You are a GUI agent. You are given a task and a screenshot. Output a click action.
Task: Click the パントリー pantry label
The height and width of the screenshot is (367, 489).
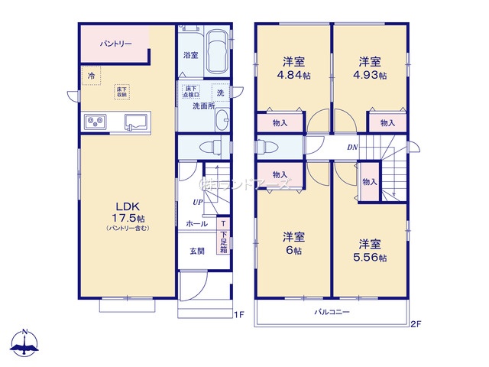pyautogui.click(x=115, y=44)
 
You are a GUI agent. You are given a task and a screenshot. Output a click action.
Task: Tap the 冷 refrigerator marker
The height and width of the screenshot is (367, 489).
pyautogui.click(x=92, y=76)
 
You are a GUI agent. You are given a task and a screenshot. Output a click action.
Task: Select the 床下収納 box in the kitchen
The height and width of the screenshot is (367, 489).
pyautogui.click(x=122, y=92)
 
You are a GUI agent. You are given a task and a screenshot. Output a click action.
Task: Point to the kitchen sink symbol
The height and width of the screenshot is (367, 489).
pyautogui.click(x=138, y=121)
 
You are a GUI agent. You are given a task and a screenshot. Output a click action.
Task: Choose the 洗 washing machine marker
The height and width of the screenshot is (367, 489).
pyautogui.click(x=219, y=93)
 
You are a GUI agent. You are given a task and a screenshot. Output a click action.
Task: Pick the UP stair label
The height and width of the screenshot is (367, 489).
pyautogui.click(x=197, y=201)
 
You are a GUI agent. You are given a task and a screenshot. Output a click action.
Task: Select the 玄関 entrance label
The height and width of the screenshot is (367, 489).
pyautogui.click(x=196, y=251)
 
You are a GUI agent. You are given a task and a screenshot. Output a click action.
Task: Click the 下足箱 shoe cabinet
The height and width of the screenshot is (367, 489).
pyautogui.click(x=223, y=242)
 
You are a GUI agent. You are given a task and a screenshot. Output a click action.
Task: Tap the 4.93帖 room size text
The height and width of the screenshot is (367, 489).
pyautogui.click(x=371, y=76)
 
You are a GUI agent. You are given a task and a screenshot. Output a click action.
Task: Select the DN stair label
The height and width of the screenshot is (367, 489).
pyautogui.click(x=352, y=147)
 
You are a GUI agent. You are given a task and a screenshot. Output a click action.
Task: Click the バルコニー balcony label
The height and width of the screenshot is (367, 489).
pyautogui.click(x=332, y=313)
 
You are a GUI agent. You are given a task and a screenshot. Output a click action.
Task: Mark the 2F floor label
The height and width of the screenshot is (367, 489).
pyautogui.click(x=416, y=323)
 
